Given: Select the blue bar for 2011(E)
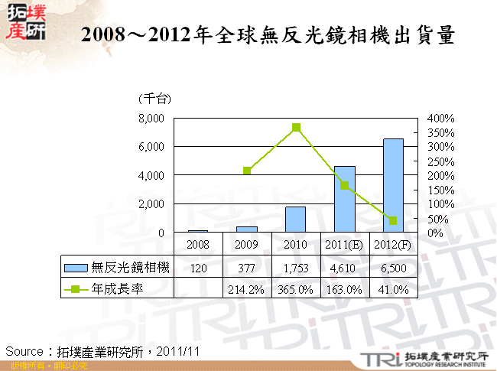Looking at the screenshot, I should pos(345,199).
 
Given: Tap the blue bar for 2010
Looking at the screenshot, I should pos(295,220).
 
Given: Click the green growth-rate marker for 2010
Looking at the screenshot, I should pos(296,128).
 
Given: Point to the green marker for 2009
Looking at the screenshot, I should pos(247,171).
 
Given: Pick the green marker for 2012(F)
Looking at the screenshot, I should pos(394,220).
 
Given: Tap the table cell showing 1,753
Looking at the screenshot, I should pos(295,268).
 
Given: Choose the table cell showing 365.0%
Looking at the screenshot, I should pos(295,289).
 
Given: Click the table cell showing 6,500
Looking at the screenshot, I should pos(393,268).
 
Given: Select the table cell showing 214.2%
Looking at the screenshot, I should pos(246,289).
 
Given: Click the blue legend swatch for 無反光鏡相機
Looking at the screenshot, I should pos(76,268).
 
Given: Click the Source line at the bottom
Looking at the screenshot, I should pos(103,350).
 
